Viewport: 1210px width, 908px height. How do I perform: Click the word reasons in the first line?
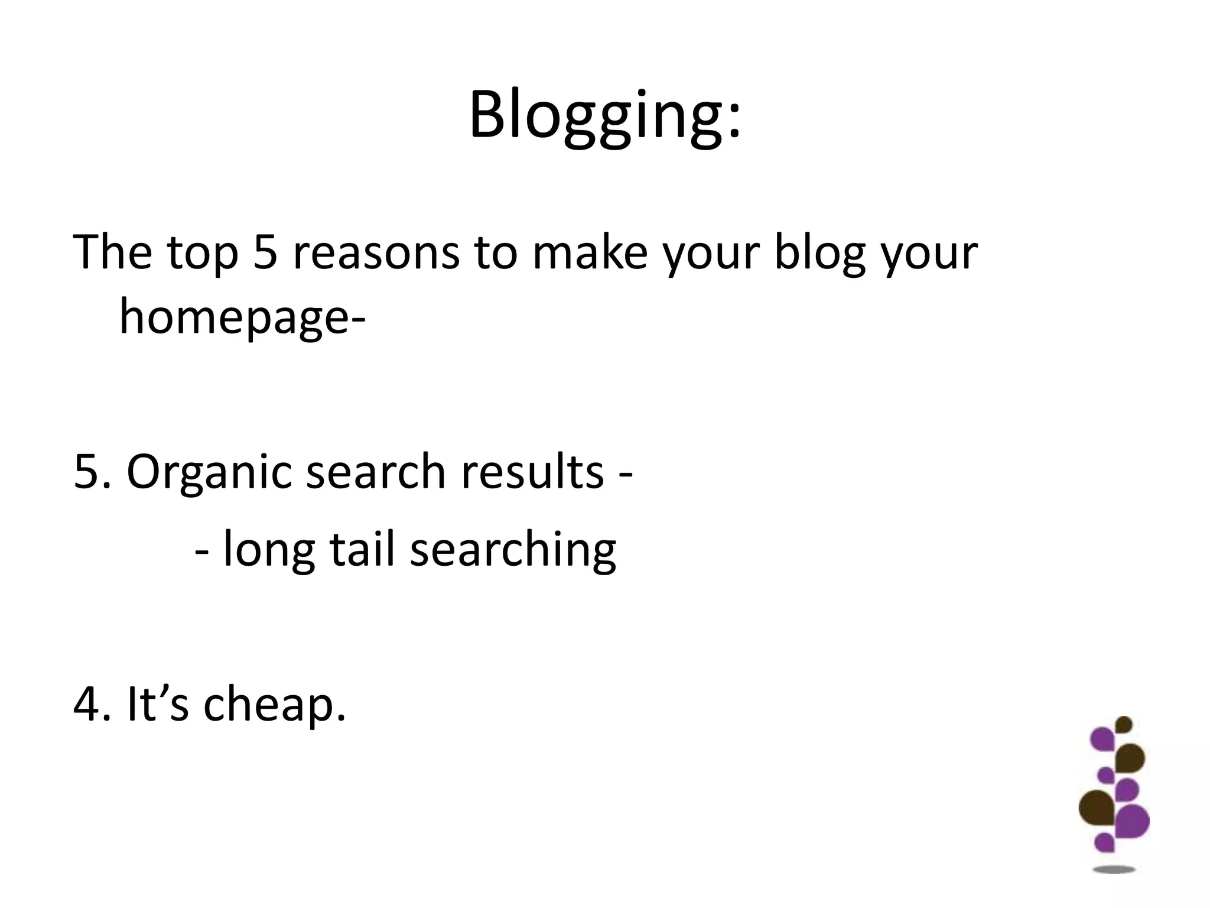pyautogui.click(x=376, y=253)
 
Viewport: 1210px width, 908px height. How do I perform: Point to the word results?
pyautogui.click(x=532, y=472)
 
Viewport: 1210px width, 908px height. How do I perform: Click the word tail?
pyautogui.click(x=362, y=550)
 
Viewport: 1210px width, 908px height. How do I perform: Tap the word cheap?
pyautogui.click(x=274, y=705)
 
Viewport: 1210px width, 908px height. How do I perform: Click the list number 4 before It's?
pyautogui.click(x=86, y=705)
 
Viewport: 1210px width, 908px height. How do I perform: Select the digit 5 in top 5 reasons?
pyautogui.click(x=265, y=253)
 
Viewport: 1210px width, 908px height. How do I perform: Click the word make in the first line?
pyautogui.click(x=590, y=253)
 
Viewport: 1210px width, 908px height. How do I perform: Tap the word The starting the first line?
pyautogui.click(x=112, y=253)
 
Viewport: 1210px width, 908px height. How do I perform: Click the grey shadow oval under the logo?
pyautogui.click(x=1114, y=869)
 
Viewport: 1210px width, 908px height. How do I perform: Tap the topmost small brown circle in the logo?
pyautogui.click(x=1124, y=725)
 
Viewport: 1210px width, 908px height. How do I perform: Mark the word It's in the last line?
pyautogui.click(x=157, y=705)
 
